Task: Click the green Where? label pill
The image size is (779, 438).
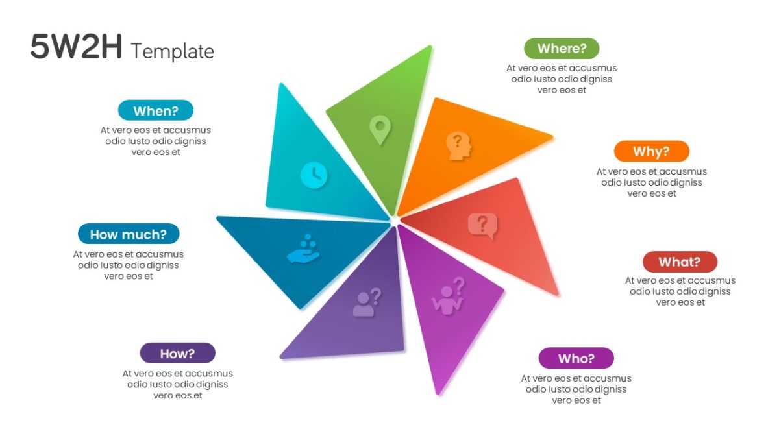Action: click(562, 48)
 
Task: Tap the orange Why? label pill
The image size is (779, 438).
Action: click(651, 151)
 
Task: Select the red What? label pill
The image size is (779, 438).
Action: click(680, 262)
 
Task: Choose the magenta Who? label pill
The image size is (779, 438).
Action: click(576, 358)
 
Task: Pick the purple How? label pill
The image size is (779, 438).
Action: click(177, 353)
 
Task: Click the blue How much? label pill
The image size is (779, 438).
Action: click(129, 234)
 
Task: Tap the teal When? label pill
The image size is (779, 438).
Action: click(156, 110)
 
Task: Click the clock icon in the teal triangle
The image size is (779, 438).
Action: click(314, 175)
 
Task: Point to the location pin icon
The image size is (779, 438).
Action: click(380, 130)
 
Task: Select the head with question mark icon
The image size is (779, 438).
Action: click(459, 146)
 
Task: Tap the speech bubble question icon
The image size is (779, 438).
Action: click(483, 226)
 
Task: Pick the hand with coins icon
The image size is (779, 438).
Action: click(303, 249)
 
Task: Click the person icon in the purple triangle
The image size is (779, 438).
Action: click(367, 302)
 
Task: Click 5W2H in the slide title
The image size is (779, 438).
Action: click(76, 46)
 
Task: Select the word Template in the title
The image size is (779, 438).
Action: click(173, 51)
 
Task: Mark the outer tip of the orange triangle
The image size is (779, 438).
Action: click(552, 138)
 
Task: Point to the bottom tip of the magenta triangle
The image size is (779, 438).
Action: click(438, 395)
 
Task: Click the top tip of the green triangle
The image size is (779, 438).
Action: click(431, 46)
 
